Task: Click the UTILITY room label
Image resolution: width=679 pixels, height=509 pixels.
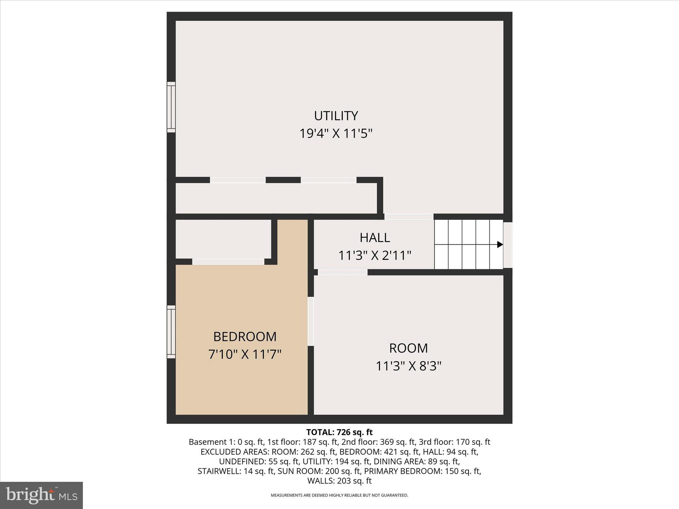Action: coord(336,116)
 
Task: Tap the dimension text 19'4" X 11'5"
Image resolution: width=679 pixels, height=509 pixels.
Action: coord(336,134)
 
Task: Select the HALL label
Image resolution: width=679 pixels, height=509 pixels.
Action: coord(375,238)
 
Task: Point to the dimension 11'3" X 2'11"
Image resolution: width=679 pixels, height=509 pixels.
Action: coord(375,256)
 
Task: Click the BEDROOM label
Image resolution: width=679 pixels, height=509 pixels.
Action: coord(245,337)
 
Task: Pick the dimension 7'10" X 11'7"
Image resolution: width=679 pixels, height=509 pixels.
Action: coord(245,355)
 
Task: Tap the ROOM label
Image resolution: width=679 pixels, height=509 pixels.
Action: coord(408,348)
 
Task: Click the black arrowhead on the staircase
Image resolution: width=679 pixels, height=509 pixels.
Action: coord(500,245)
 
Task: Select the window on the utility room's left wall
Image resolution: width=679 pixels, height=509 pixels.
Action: coord(171,107)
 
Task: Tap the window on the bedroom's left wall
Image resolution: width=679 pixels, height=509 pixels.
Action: coord(171,332)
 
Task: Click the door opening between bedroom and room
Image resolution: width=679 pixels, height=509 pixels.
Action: coord(311,321)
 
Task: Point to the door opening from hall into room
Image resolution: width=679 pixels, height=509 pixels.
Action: coord(342,272)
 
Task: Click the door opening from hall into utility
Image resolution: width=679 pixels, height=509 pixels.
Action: coord(408,217)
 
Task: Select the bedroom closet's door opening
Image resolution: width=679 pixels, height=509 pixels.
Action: coord(228,262)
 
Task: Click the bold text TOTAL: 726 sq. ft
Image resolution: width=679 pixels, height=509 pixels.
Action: coord(339,432)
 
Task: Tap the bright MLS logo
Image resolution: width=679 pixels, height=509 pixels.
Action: coord(41,495)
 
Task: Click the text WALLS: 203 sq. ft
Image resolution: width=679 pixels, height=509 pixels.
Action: coord(339,481)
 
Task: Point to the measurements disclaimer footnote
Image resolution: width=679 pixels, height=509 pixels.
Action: coord(339,495)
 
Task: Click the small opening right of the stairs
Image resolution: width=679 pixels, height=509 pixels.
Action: coord(508,245)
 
